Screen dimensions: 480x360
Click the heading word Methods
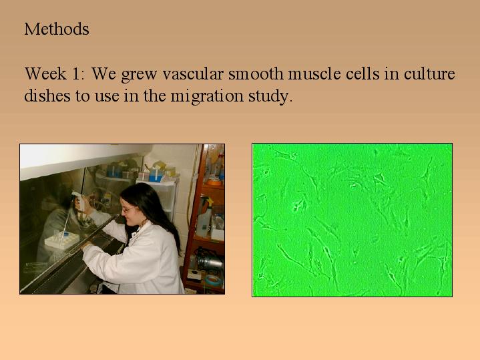pyautogui.click(x=57, y=29)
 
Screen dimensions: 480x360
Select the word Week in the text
pyautogui.click(x=45, y=73)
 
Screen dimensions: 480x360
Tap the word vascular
pyautogui.click(x=193, y=73)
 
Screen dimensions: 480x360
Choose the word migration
pyautogui.click(x=207, y=96)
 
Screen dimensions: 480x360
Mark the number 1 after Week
pyautogui.click(x=75, y=73)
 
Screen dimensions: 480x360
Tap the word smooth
pyautogui.click(x=256, y=73)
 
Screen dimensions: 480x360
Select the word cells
pyautogui.click(x=363, y=73)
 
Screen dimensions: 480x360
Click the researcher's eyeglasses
pyautogui.click(x=128, y=210)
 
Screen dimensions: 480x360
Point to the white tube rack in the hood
pyautogui.click(x=62, y=240)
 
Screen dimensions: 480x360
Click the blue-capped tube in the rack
pyautogui.click(x=65, y=234)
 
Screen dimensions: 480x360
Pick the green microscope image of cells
pyautogui.click(x=352, y=220)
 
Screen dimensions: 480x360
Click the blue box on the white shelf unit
pyautogui.click(x=156, y=178)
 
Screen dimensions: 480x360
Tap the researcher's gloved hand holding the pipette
pyautogui.click(x=80, y=204)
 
